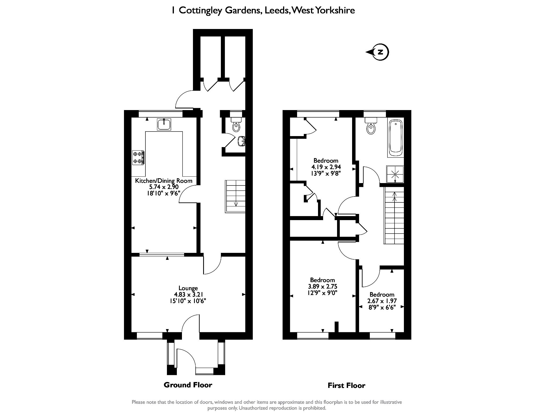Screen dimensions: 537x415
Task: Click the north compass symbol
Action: [378, 52]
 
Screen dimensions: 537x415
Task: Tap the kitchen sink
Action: [164, 125]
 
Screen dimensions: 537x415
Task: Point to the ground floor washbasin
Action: [242, 141]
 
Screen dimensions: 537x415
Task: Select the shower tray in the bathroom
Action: [395, 174]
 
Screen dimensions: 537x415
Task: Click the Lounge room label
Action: [188, 288]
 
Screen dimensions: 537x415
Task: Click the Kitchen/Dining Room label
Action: [164, 181]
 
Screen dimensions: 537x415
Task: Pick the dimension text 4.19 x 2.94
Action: [326, 167]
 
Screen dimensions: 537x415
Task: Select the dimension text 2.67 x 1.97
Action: [382, 301]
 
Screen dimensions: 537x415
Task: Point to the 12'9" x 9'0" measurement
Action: [322, 293]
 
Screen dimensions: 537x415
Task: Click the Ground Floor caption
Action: [188, 385]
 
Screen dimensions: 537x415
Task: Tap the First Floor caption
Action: [346, 385]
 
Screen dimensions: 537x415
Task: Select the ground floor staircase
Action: [235, 197]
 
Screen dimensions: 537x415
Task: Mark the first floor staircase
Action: [394, 215]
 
